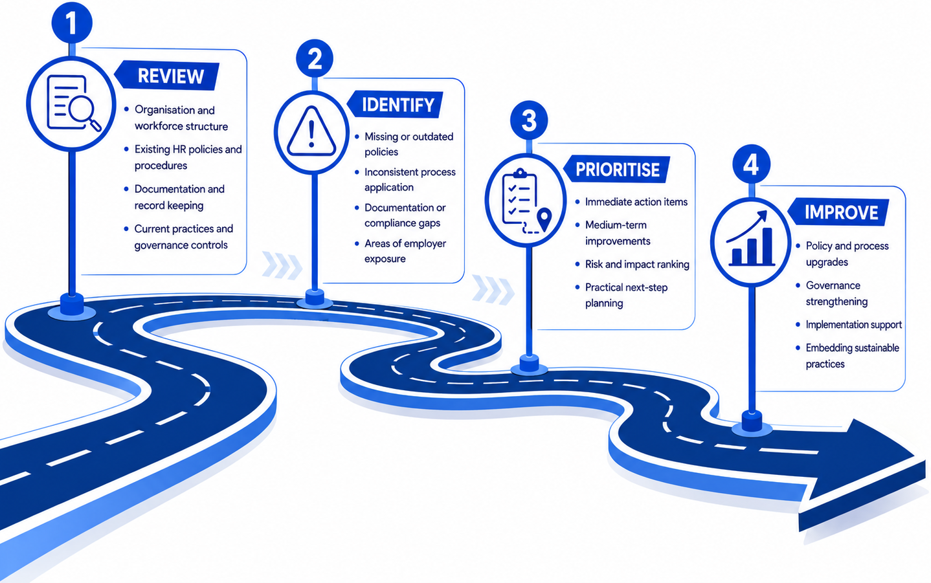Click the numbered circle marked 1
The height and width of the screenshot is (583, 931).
[x=72, y=22]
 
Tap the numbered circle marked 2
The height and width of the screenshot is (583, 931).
[x=315, y=58]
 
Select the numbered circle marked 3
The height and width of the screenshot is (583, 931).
[x=529, y=120]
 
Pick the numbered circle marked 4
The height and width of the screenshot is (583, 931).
[x=751, y=164]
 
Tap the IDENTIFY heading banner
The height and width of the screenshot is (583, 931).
[x=395, y=104]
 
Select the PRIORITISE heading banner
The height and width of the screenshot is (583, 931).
[x=617, y=169]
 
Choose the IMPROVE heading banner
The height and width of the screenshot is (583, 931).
[x=838, y=212]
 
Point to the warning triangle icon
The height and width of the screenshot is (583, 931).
[x=311, y=132]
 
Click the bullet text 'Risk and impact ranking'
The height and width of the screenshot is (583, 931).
[x=636, y=264]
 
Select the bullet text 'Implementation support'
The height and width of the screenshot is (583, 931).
[x=853, y=324]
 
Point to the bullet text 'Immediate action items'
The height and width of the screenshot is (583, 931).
[x=636, y=202]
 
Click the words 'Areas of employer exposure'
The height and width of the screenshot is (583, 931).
[x=405, y=251]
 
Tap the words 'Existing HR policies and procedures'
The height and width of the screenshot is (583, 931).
[x=188, y=157]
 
